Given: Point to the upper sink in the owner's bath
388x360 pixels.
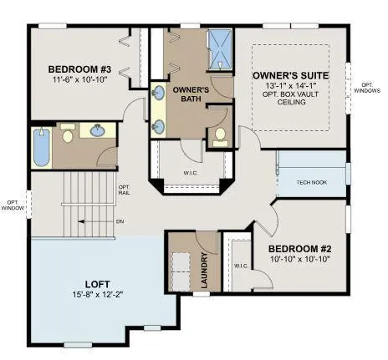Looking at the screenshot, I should pos(159,94).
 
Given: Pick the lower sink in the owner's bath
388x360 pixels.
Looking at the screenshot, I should pos(159,126).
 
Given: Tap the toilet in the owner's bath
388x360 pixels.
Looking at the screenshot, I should pos(220,134).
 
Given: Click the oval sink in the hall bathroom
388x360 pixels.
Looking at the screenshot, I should pos(98,130).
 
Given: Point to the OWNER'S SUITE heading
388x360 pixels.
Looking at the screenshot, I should pos(290,75).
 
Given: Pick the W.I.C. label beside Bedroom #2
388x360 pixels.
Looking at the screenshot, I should pos(242,266).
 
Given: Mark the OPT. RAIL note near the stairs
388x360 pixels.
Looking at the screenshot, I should pos(124,190).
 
